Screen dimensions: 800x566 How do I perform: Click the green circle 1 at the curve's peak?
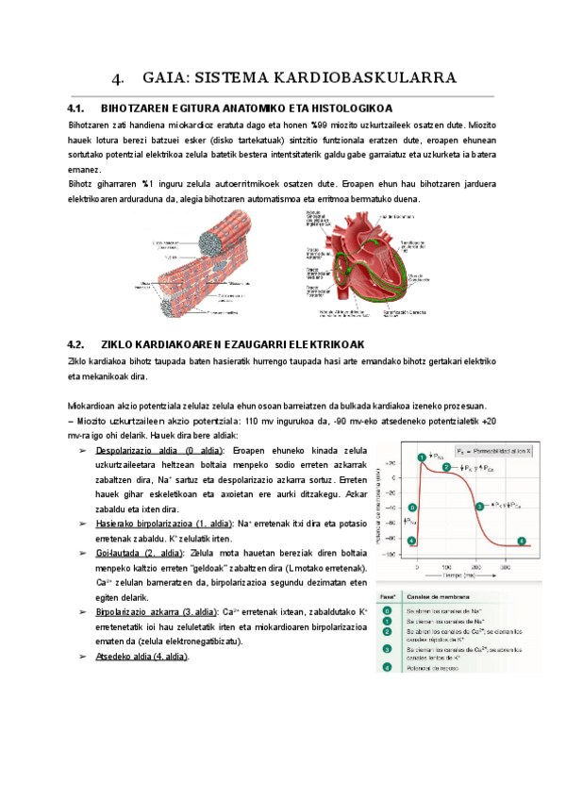click(423, 458)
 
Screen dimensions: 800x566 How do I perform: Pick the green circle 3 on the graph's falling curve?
click(480, 506)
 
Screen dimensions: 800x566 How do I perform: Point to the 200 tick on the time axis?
click(475, 567)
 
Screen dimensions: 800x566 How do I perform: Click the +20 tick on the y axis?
click(390, 463)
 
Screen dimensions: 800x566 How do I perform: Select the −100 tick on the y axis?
click(389, 555)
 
